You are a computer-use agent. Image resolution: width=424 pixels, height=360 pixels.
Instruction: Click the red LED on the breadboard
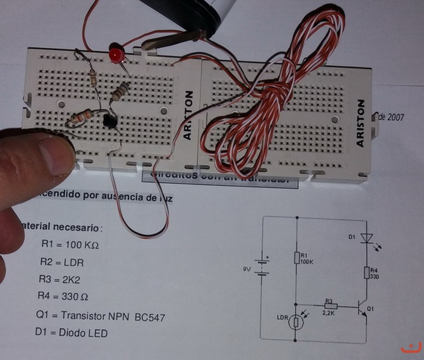click(x=115, y=55)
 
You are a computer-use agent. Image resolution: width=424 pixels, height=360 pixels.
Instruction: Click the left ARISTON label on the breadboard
click(x=189, y=115)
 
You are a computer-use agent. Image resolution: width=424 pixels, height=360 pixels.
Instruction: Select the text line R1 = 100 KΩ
click(x=70, y=245)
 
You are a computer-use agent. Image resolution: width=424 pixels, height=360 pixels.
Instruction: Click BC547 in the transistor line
click(x=150, y=317)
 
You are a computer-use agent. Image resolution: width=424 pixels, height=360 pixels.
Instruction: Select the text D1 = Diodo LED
click(x=71, y=333)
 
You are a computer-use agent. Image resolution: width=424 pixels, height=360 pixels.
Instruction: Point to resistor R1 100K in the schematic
click(x=297, y=257)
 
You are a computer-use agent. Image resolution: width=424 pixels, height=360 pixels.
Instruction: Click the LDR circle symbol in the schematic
click(x=296, y=321)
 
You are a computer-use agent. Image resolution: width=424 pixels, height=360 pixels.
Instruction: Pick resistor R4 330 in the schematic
click(x=366, y=273)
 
